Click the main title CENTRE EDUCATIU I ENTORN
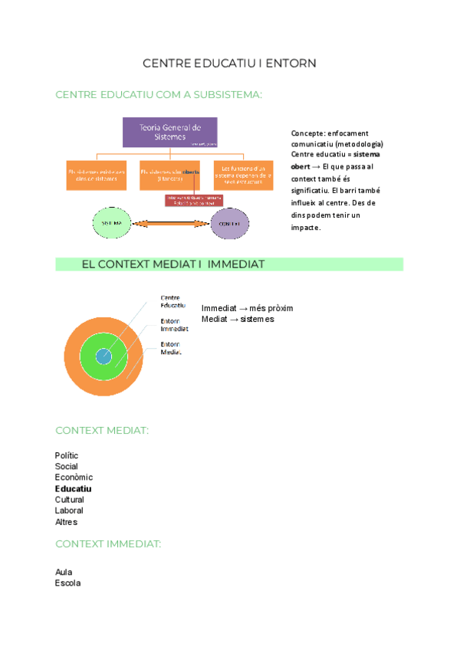pos(229,63)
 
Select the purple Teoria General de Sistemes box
pos(170,132)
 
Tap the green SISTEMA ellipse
pos(111,223)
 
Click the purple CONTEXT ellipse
pos(230,223)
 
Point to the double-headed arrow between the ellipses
pos(170,223)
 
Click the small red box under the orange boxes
pos(194,201)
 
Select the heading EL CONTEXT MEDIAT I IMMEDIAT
pos(172,264)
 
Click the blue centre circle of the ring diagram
pos(103,356)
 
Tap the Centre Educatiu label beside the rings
pos(172,301)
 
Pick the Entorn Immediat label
pos(174,325)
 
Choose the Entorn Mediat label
pos(171,348)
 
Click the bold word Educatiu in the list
pos(74,488)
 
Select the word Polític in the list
pos(67,455)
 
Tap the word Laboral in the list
pos(69,510)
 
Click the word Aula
pos(64,572)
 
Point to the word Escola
pos(67,583)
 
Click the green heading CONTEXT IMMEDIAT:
pos(108,543)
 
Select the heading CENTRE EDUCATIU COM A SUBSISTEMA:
pos(159,94)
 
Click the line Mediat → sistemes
pos(238,319)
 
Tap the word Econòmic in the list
pos(74,478)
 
